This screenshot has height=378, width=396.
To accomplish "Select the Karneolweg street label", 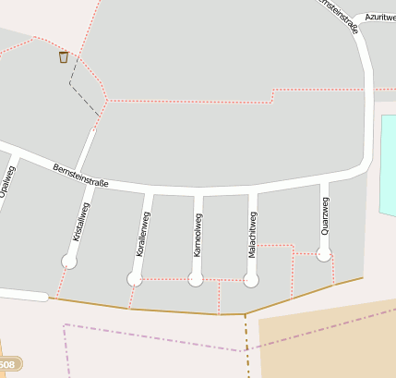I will pos(197,235).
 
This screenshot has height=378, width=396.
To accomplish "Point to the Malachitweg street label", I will pos(252,235).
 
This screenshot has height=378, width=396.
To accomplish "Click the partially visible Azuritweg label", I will pos(379,17).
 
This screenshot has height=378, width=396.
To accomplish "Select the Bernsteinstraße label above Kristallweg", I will pos(81,176).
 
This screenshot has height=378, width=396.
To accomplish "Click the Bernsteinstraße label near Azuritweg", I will pos(340,16).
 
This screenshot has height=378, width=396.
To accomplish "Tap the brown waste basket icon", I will pos(64,57).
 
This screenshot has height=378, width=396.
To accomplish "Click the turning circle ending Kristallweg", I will pos(68,262).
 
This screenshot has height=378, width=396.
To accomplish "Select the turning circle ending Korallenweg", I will pos(135,278).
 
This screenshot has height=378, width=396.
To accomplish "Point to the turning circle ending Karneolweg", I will pos(195,279).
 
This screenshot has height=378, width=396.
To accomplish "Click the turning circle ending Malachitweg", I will pos(250,279).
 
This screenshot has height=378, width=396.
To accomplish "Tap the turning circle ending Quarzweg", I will pos(323,253).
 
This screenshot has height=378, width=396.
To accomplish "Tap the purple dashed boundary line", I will pos(148,337).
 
